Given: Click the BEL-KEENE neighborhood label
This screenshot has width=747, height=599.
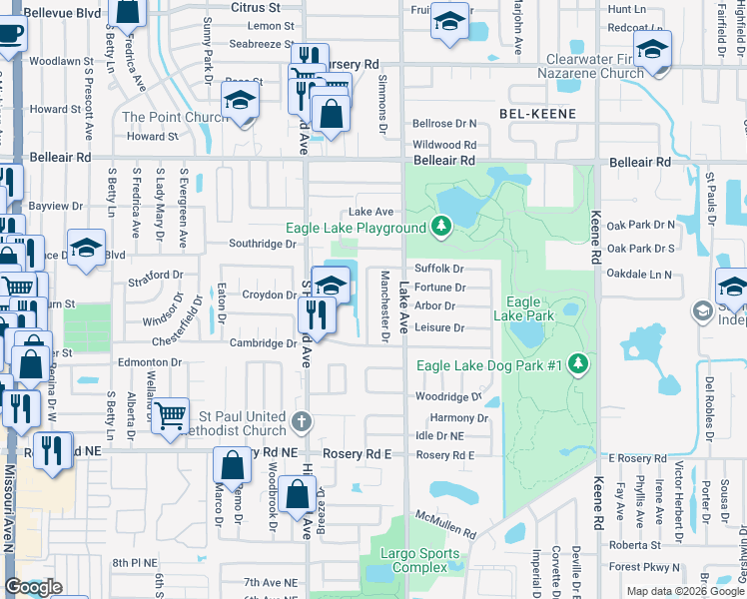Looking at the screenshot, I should [x=537, y=115].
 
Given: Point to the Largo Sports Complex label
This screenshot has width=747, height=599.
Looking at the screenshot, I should [x=412, y=560].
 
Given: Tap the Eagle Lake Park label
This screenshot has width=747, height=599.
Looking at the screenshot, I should [x=529, y=308].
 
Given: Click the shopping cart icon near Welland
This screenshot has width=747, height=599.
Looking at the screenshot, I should [x=171, y=412].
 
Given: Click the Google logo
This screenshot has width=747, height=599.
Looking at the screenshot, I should [x=33, y=587].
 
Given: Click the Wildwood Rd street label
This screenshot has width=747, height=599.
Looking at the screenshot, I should [x=444, y=144].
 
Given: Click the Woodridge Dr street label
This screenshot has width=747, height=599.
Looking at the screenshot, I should [x=448, y=396].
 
